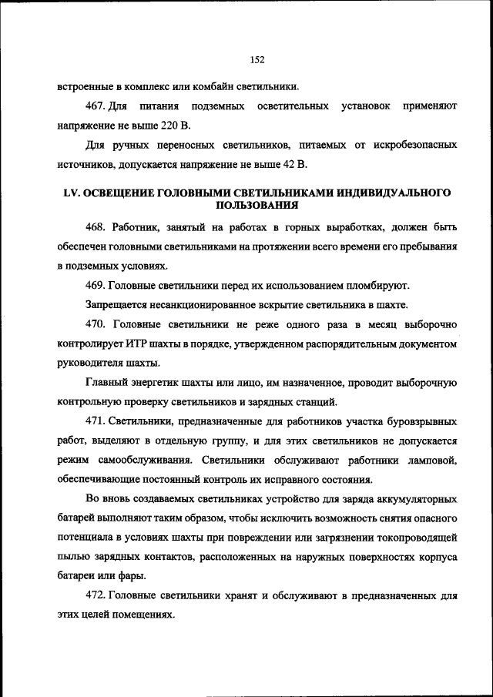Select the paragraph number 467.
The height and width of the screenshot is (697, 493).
pos(97,105)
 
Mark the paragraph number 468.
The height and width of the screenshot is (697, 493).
pos(97,228)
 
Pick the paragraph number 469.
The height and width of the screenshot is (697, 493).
pos(97,286)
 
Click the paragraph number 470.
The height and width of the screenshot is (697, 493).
pos(97,324)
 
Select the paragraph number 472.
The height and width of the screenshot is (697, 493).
pos(97,596)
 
